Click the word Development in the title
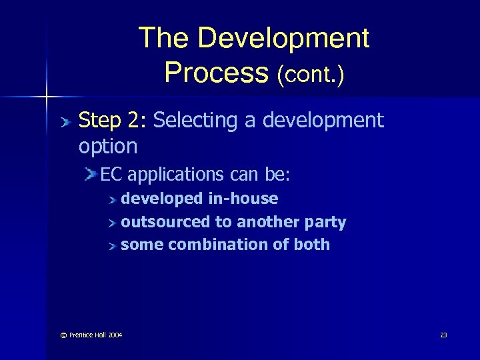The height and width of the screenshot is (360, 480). pyautogui.click(x=283, y=38)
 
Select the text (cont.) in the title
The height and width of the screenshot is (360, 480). pyautogui.click(x=311, y=74)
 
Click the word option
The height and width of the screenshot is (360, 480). pyautogui.click(x=108, y=146)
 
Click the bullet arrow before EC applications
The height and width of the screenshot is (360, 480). pyautogui.click(x=92, y=174)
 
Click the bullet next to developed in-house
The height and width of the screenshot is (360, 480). pyautogui.click(x=113, y=199)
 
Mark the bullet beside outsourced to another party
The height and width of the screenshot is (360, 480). pyautogui.click(x=113, y=223)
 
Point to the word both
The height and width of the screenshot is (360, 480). pyautogui.click(x=311, y=245)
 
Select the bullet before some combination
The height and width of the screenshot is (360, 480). pyautogui.click(x=113, y=245)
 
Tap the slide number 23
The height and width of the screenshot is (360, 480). pyautogui.click(x=443, y=335)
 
